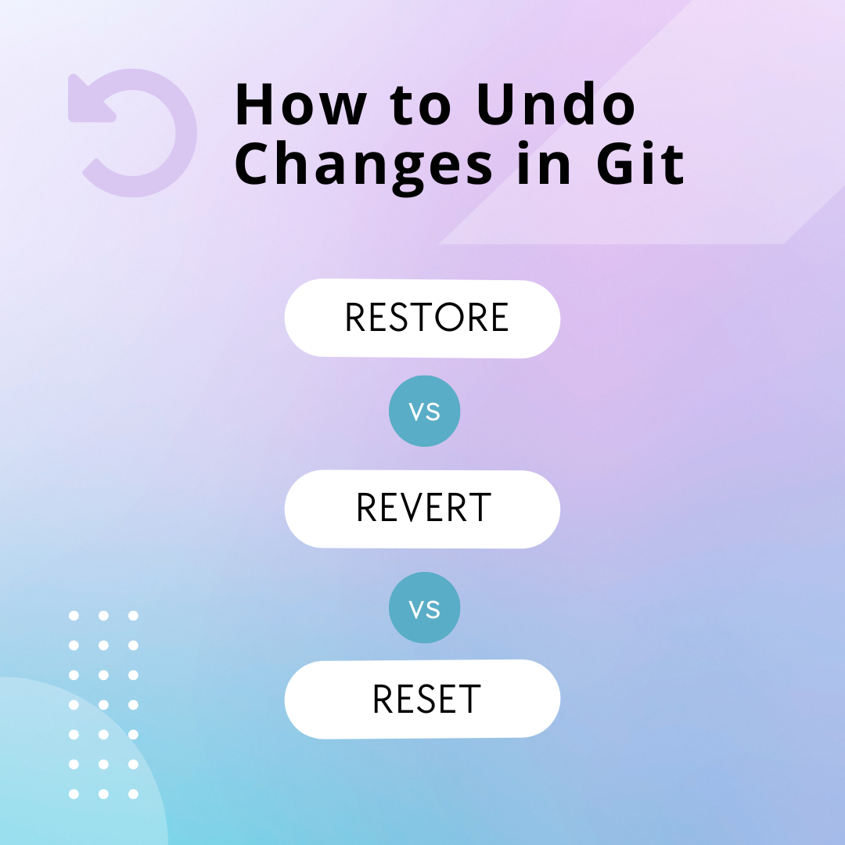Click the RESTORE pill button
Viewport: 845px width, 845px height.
tap(422, 318)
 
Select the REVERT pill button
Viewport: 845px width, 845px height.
tap(422, 509)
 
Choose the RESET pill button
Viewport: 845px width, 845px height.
tap(422, 699)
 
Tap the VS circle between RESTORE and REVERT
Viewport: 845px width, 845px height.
tap(425, 412)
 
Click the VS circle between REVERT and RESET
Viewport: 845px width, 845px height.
tap(425, 608)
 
